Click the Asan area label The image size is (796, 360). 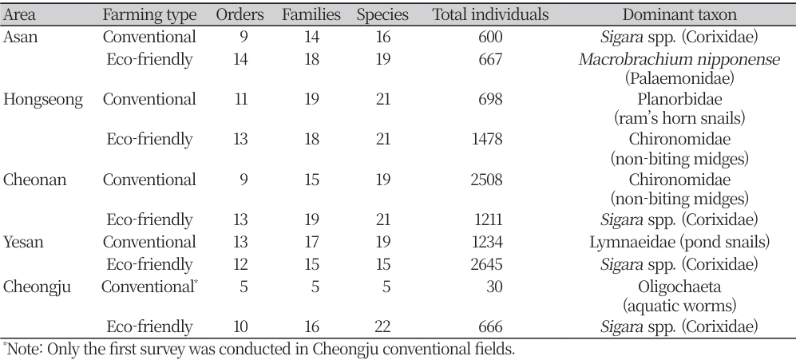tap(22, 37)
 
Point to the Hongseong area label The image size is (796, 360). tap(42, 99)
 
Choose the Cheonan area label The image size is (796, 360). tap(36, 179)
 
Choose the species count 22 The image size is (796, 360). tap(386, 326)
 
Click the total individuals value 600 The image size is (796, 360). tap(489, 37)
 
